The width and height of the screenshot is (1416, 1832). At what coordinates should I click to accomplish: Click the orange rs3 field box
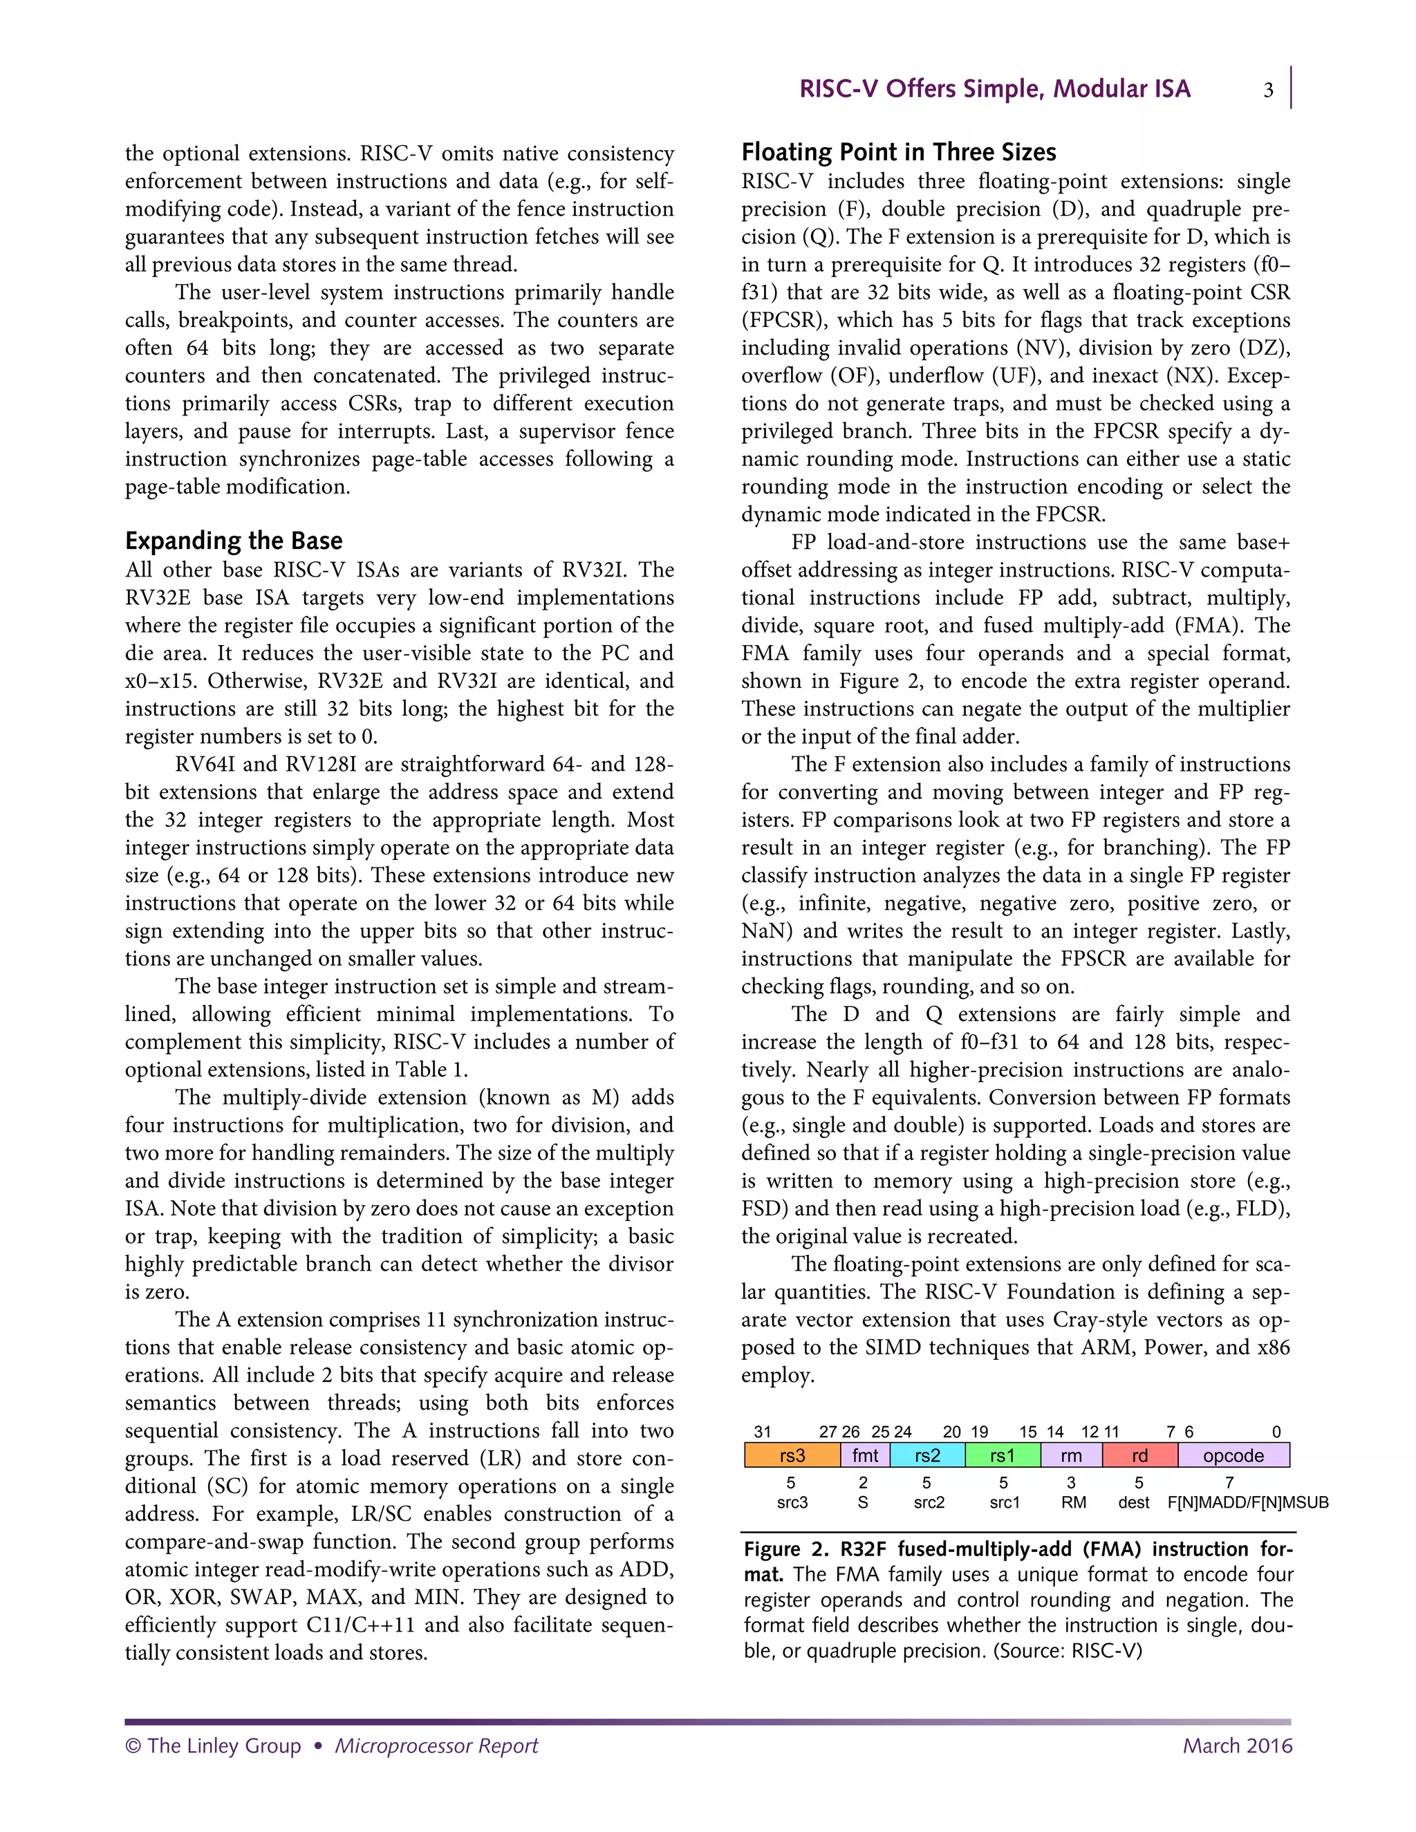tap(792, 1455)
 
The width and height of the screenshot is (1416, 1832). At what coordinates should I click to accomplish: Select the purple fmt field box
tap(865, 1455)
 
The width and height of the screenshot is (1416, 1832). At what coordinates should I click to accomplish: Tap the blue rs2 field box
tap(927, 1455)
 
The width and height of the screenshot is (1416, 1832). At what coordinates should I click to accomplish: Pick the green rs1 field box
tap(1003, 1455)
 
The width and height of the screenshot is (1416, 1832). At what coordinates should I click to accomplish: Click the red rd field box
tap(1139, 1455)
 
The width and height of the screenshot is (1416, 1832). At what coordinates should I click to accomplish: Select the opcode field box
tap(1233, 1455)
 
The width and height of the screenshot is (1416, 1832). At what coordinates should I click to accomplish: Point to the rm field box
tap(1071, 1455)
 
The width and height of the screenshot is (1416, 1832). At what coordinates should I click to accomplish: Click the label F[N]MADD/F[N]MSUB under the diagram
tap(1247, 1502)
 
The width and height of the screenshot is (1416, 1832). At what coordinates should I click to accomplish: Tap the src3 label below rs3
tap(792, 1502)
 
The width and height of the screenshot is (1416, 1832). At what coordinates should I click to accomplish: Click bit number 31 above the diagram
tap(762, 1432)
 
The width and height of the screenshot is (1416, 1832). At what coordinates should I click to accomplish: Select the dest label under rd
tap(1133, 1502)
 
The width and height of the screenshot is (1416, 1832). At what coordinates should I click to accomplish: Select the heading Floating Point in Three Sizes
tap(898, 152)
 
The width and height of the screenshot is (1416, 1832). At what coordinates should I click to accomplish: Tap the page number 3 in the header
tap(1268, 90)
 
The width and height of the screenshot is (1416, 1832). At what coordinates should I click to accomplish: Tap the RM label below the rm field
tap(1073, 1502)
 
